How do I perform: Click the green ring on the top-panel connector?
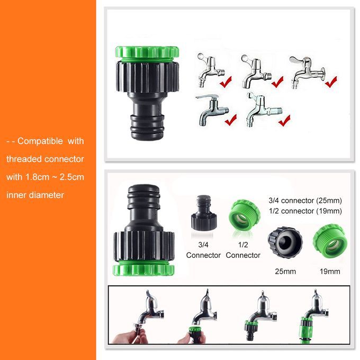pos(147,53)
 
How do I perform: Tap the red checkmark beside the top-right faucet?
pos(331,82)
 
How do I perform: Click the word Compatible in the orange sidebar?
pos(40,141)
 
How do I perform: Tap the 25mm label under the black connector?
pos(285,272)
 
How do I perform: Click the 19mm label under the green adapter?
pos(330,272)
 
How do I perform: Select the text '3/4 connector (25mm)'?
pos(305,201)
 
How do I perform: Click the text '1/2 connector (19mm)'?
pos(305,211)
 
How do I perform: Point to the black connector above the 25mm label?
pos(285,242)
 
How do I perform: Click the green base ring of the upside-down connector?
pos(143,269)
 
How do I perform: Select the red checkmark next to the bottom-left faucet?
pos(231,120)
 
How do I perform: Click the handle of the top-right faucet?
pos(298,60)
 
